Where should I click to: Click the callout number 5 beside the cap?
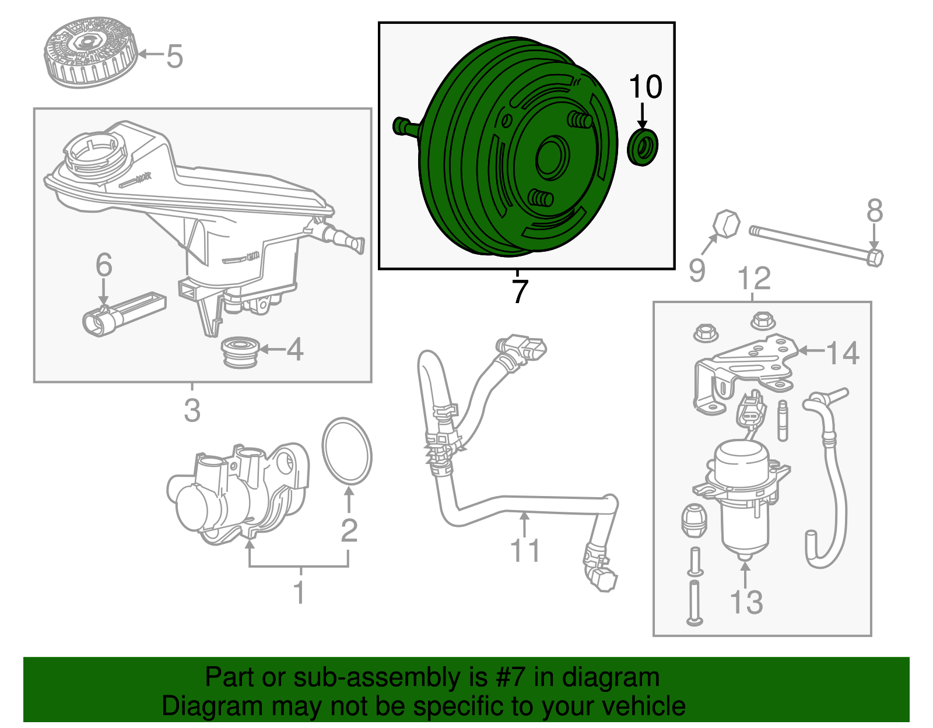click(174, 57)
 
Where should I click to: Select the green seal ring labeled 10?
click(643, 148)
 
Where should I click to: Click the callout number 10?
click(646, 87)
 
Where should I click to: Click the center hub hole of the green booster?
click(552, 158)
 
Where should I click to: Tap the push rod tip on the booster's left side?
click(401, 125)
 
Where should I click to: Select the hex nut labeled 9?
click(727, 224)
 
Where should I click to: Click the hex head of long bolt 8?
click(874, 257)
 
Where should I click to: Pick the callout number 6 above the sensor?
click(104, 265)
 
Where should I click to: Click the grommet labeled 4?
click(241, 351)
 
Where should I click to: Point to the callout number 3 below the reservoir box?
click(192, 410)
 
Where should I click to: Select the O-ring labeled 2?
click(347, 451)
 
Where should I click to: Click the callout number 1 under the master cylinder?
click(299, 593)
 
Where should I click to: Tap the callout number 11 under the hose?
click(525, 551)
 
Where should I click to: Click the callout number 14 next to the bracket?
click(843, 354)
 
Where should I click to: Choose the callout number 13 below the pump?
click(746, 602)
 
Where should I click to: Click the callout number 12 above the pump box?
click(755, 279)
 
